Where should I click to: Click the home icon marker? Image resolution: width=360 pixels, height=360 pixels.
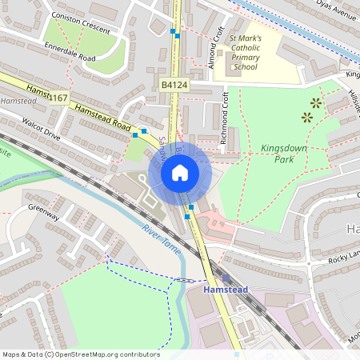(x=180, y=172)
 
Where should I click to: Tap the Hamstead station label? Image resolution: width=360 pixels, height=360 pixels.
(x=226, y=289)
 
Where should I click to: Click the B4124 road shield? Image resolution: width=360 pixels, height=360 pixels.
(x=174, y=83)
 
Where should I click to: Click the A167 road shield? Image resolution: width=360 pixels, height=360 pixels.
(x=58, y=98)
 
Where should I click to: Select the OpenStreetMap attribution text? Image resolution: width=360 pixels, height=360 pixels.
(x=80, y=354)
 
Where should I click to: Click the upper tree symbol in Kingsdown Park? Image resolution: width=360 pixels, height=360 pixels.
(x=317, y=102)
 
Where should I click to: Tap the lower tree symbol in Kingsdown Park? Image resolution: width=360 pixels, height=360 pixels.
(x=306, y=117)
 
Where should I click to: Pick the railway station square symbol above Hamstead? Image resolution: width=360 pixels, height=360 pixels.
(x=226, y=278)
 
